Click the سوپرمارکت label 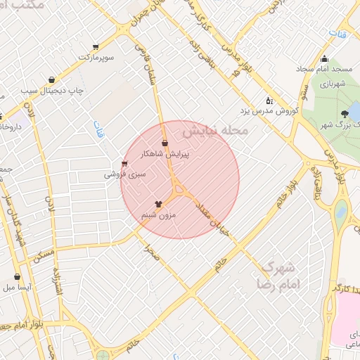click(97, 56)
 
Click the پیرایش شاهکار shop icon click(165, 144)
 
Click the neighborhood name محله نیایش click(215, 131)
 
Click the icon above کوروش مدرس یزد click(269, 101)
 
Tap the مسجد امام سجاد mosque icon click(324, 59)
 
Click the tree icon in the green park click(344, 114)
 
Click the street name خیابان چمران click(153, 16)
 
